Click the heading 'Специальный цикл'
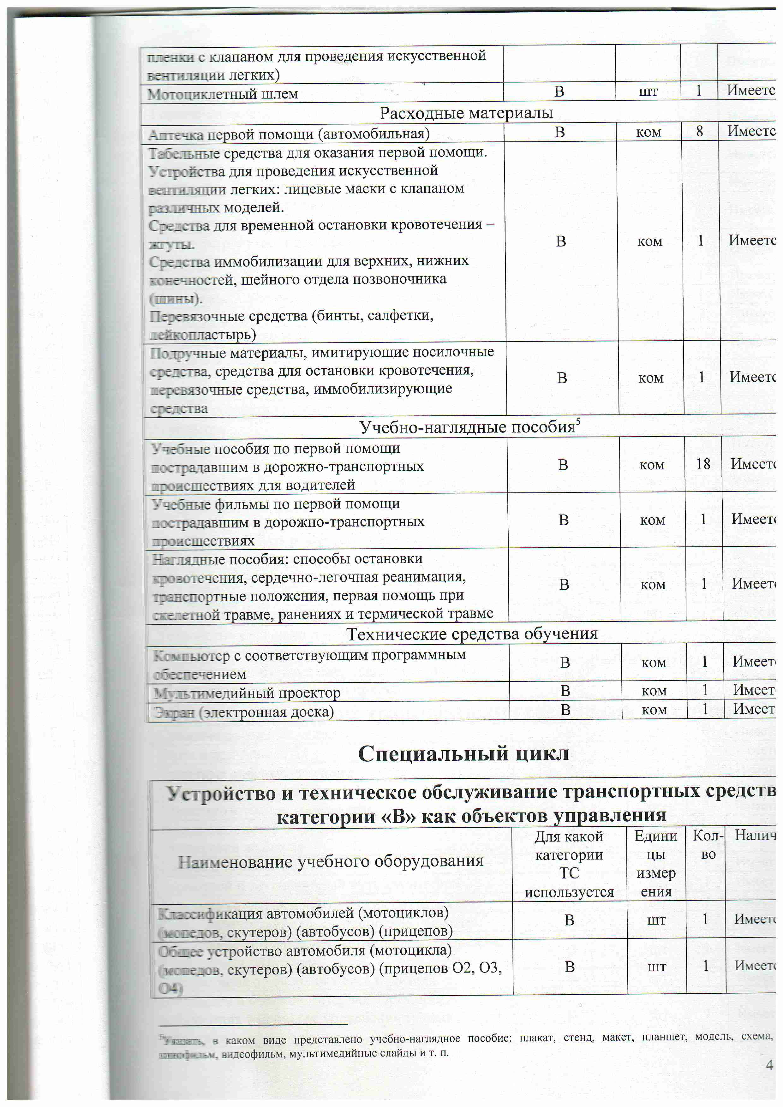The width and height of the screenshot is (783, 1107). pos(463,753)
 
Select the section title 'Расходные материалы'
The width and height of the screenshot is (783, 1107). pos(466,113)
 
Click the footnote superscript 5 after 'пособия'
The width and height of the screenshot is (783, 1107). pos(578,421)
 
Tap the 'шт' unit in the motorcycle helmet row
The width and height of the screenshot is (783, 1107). pos(648,91)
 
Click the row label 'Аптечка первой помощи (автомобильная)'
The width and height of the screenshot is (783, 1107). pos(288,134)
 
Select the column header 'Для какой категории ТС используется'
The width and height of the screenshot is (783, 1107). pos(569,864)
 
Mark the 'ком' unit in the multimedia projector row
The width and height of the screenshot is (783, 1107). pos(654,691)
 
